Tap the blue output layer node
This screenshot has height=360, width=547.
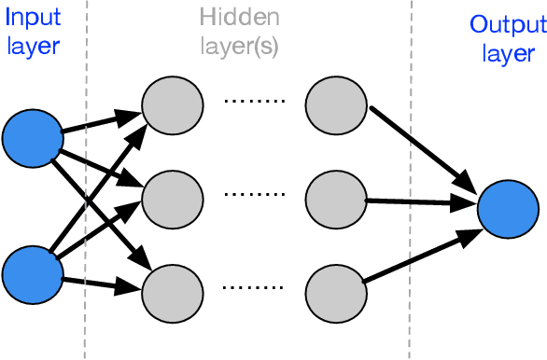(508, 208)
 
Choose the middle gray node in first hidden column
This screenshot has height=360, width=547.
(172, 197)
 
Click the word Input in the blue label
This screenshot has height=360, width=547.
(31, 19)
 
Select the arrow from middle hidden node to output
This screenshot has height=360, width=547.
(420, 200)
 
